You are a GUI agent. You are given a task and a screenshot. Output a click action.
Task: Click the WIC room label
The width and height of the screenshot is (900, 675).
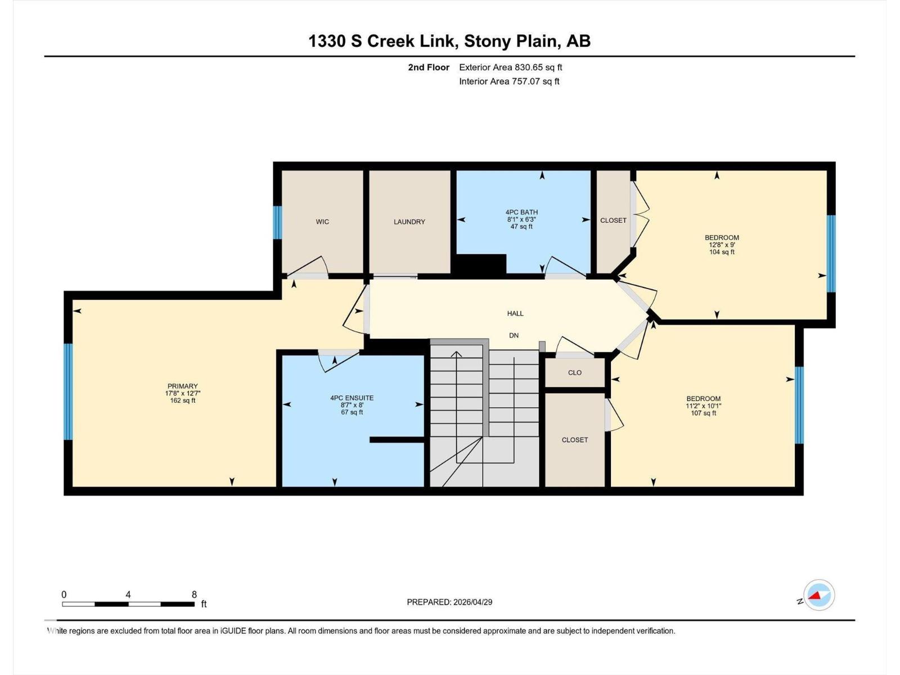(322, 222)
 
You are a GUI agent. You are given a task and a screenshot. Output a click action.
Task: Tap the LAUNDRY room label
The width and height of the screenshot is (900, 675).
(409, 222)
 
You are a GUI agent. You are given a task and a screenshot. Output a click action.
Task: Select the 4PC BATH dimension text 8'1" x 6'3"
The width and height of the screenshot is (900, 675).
(521, 219)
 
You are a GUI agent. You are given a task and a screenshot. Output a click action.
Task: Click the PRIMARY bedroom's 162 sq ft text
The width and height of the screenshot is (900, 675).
(182, 400)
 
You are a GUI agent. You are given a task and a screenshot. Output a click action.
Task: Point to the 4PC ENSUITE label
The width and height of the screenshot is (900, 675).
(352, 398)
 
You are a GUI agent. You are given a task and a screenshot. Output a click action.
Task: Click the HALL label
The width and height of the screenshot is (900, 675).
(515, 313)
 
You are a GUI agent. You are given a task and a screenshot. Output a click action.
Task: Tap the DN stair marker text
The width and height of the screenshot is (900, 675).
(514, 335)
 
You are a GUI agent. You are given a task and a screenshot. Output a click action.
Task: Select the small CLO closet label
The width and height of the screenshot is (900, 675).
(574, 372)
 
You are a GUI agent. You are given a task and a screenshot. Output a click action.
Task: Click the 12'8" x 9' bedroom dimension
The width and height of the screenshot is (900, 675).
(722, 245)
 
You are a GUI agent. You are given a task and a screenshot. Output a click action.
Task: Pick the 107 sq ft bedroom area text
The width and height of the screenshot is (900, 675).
(703, 413)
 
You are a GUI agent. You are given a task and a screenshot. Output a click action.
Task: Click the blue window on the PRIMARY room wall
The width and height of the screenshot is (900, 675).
(68, 391)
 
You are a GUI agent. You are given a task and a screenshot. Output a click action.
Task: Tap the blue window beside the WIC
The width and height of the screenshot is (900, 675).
(277, 223)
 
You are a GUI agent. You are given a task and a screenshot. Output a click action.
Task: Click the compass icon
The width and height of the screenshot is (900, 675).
(818, 595)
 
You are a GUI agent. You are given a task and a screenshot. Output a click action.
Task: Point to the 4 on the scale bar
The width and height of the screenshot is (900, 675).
(128, 595)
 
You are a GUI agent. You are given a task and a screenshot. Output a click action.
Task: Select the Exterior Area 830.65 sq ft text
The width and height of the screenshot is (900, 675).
(510, 67)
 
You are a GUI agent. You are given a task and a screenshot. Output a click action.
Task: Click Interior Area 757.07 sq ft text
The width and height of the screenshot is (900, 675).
(509, 81)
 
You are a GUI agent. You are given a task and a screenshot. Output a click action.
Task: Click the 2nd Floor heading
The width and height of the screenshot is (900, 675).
(429, 67)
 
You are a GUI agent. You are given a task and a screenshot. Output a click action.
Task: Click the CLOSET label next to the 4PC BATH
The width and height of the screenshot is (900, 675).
(613, 220)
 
